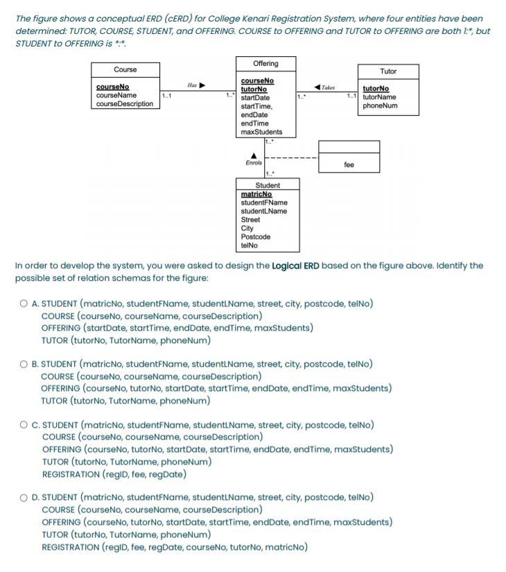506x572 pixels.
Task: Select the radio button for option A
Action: [24, 304]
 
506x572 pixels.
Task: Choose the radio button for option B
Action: [24, 364]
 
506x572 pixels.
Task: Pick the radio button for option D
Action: [24, 497]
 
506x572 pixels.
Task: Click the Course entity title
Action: [125, 69]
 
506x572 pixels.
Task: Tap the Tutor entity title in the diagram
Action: [388, 71]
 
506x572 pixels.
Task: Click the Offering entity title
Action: [265, 64]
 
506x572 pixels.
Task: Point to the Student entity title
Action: [268, 185]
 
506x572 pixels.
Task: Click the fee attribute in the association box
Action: [349, 165]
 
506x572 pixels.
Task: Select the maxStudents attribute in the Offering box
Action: [261, 132]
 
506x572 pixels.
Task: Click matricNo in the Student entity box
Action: [256, 194]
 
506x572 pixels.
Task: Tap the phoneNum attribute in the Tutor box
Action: [380, 105]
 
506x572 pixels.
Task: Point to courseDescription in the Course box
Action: [125, 104]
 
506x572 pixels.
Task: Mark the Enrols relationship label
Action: [254, 163]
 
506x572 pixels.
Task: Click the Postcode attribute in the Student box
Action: [255, 236]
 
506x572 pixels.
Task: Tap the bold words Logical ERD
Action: [297, 266]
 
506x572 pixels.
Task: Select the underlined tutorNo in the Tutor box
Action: [376, 89]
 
